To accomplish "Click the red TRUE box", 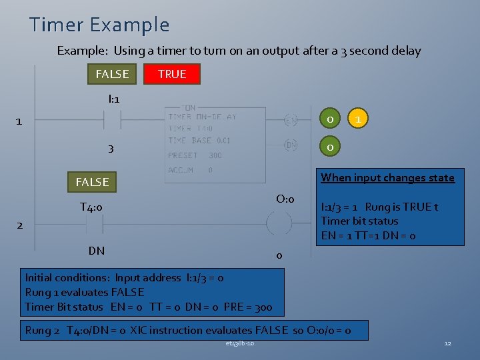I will pos(172,74).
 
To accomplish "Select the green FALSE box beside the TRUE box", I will pos(112,74).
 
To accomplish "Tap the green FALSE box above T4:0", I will pos(92,181).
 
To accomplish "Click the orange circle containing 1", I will pos(359,120).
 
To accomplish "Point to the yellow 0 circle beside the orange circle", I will pos(329,120).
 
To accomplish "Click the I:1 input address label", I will pos(113,99).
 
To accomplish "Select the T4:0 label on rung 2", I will pos(91,207).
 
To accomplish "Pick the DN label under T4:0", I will pos(96,251).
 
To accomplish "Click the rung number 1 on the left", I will pos(19,121).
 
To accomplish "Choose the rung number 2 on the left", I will pos(19,225).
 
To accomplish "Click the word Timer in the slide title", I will pos(56,25).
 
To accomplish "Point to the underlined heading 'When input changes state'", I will pos(387,177).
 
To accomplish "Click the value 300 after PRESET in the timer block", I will pos(215,155).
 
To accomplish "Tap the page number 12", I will pos(447,343).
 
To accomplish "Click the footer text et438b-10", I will pos(239,343).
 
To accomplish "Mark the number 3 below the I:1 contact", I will pos(111,149).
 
